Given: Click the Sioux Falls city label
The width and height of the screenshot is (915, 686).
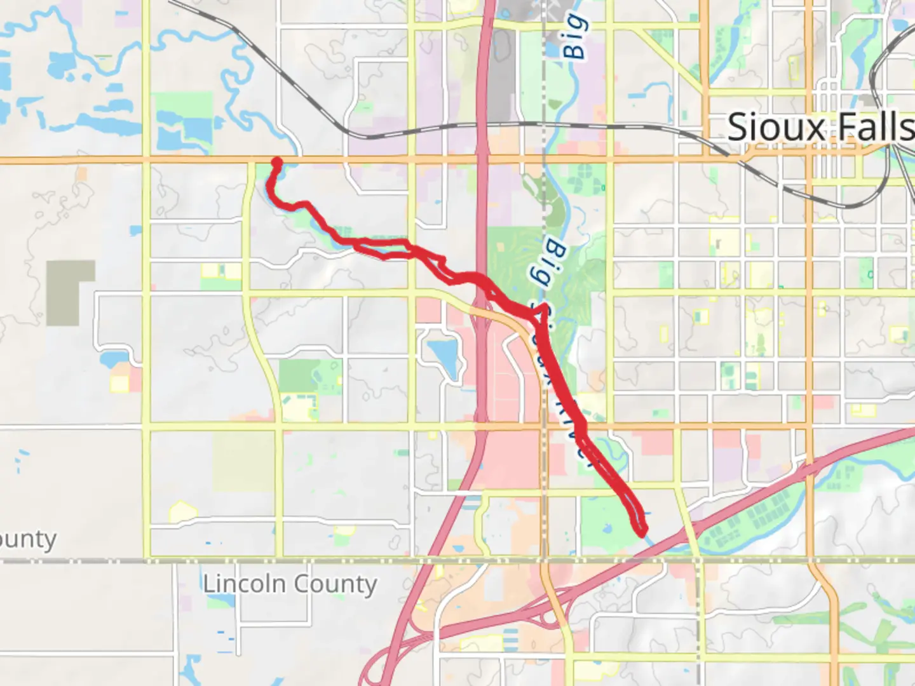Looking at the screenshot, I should (820, 128).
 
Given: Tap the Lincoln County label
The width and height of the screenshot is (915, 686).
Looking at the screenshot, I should (290, 584).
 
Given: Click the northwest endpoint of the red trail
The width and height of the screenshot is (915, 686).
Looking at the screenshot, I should (276, 162).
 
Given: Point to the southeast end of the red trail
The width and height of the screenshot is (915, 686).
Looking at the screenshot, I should (642, 530).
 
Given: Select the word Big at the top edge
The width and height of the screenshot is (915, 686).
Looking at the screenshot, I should (575, 37).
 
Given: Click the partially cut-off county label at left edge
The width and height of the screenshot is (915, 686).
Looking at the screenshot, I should (28, 540).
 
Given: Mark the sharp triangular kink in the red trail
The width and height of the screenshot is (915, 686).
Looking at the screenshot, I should (541, 311).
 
